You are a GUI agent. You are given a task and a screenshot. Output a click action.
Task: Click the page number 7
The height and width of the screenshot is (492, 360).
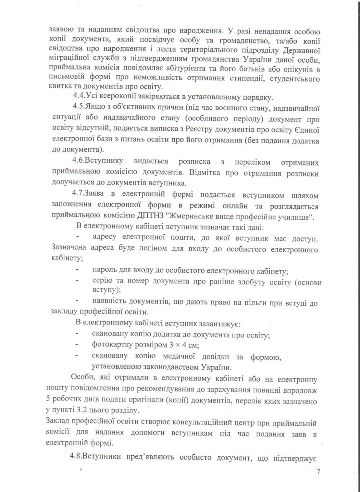click(x=318, y=479)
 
